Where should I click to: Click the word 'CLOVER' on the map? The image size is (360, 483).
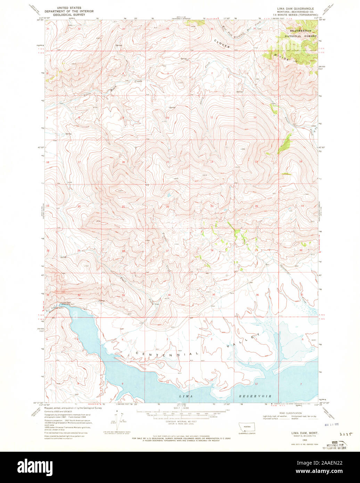click(x=222, y=44)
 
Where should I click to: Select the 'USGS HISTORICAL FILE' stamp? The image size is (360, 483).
click(x=336, y=445)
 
